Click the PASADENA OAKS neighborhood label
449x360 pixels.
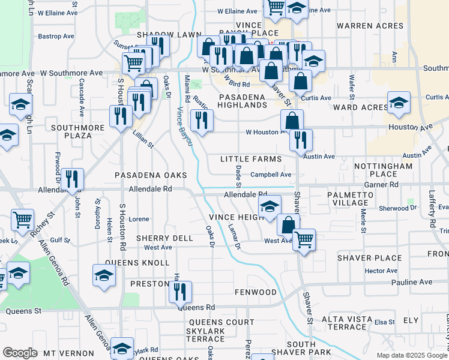tap(152, 175)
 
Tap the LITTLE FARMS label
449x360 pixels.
tap(250, 159)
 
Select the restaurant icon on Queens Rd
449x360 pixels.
tap(180, 292)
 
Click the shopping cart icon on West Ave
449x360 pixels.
tap(304, 239)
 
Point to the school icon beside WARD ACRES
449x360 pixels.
tap(399, 103)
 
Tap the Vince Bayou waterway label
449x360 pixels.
tap(183, 127)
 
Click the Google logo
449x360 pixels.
tap(20, 353)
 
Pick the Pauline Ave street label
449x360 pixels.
tap(411, 282)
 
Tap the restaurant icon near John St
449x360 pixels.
tap(72, 179)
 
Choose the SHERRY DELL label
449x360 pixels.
tap(164, 238)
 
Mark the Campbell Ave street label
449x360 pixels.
tap(271, 175)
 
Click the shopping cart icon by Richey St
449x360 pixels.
tap(23, 220)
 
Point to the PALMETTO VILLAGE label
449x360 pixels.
tap(350, 199)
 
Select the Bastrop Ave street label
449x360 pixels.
tap(55, 36)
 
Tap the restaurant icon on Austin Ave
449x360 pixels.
tap(301, 140)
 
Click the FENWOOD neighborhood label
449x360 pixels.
tap(256, 292)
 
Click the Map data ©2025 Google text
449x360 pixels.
tap(411, 355)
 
